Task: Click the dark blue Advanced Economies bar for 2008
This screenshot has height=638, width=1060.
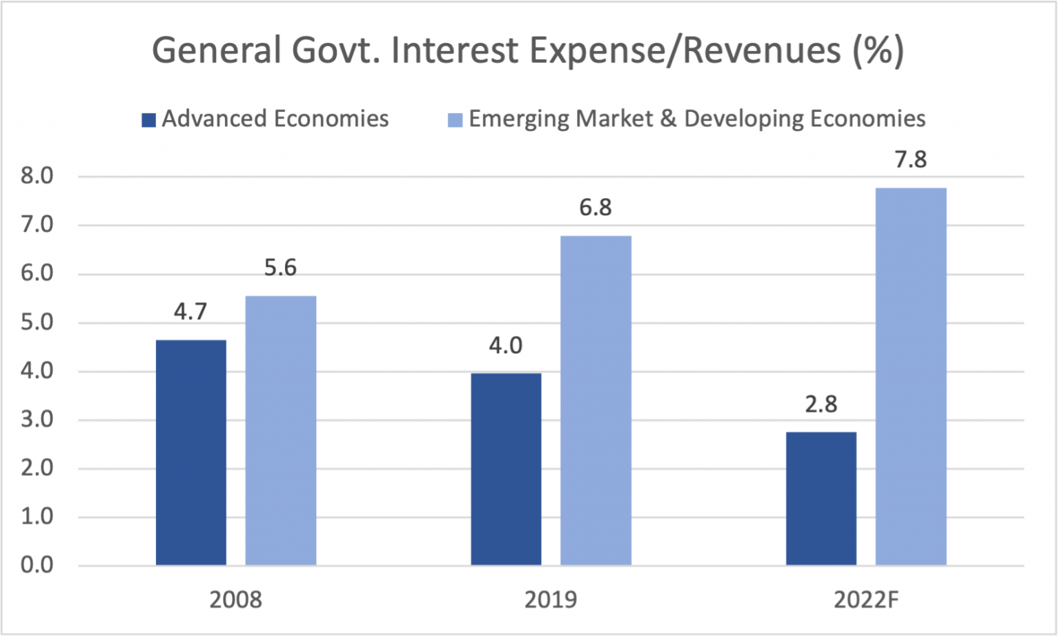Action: [191, 452]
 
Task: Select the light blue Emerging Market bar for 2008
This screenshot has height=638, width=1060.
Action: [281, 430]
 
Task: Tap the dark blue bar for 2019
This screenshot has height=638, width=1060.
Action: [506, 469]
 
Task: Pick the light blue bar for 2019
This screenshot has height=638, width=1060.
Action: [596, 401]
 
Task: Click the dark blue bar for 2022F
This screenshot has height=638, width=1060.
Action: [821, 499]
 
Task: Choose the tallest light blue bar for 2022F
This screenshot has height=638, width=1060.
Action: [911, 377]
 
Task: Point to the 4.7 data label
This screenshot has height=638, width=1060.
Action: [190, 312]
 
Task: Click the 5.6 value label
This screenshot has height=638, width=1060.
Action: [280, 268]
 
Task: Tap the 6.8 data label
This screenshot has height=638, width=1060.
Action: [595, 208]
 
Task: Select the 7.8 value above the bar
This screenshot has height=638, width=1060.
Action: [910, 160]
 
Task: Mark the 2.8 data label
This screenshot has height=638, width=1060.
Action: [821, 404]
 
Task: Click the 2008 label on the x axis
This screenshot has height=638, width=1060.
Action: [235, 599]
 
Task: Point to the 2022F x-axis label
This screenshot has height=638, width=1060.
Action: [866, 599]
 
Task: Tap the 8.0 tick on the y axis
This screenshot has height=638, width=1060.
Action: [37, 177]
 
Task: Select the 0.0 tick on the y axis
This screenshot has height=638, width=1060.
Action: [37, 566]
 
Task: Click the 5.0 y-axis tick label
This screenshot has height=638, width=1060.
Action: [37, 323]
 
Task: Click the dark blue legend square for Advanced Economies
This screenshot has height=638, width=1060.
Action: [148, 120]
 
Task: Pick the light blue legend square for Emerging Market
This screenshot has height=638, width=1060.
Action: [455, 120]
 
